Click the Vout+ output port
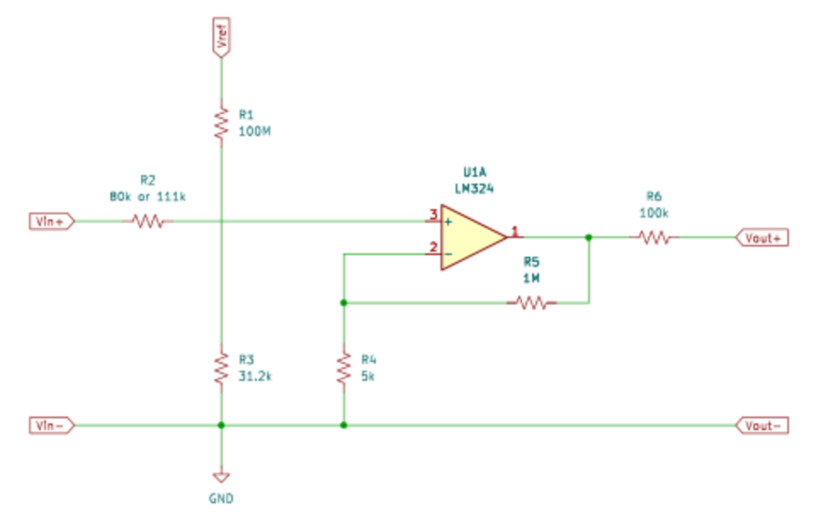coord(762,238)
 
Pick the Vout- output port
coord(762,426)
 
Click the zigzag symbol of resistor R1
coord(221,123)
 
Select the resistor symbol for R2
coord(148,221)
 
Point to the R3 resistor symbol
coord(221,368)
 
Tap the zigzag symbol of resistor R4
coord(344,368)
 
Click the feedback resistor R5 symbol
coord(531,303)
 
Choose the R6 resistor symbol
coord(654,238)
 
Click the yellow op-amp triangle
coord(470,237)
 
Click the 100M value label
coord(254,131)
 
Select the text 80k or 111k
coord(148,197)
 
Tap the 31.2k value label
coord(255,376)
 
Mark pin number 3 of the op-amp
coord(433,214)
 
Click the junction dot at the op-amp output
coord(589,238)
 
